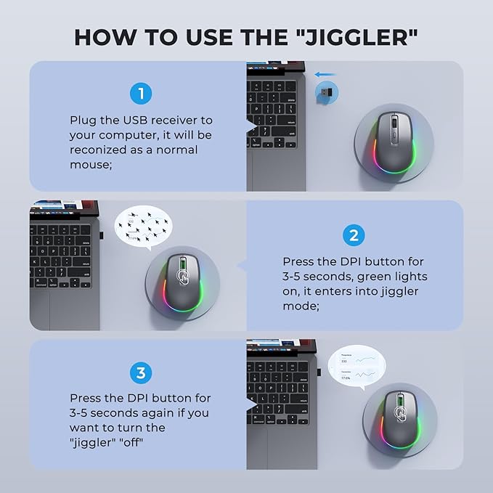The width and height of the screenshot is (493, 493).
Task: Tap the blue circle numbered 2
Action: pyautogui.click(x=353, y=235)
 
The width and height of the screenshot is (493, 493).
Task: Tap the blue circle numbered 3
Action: pyautogui.click(x=141, y=373)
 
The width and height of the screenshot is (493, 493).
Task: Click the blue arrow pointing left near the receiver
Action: pyautogui.click(x=325, y=73)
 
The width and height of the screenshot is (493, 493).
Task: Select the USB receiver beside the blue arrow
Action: pyautogui.click(x=326, y=93)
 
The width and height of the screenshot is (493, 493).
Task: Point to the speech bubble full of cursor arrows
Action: pyautogui.click(x=146, y=226)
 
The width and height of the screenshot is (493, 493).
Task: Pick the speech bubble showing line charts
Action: pyautogui.click(x=356, y=367)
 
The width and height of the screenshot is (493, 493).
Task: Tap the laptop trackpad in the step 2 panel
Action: pyautogui.click(x=65, y=309)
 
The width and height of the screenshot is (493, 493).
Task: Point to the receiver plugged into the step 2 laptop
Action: pyautogui.click(x=101, y=236)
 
